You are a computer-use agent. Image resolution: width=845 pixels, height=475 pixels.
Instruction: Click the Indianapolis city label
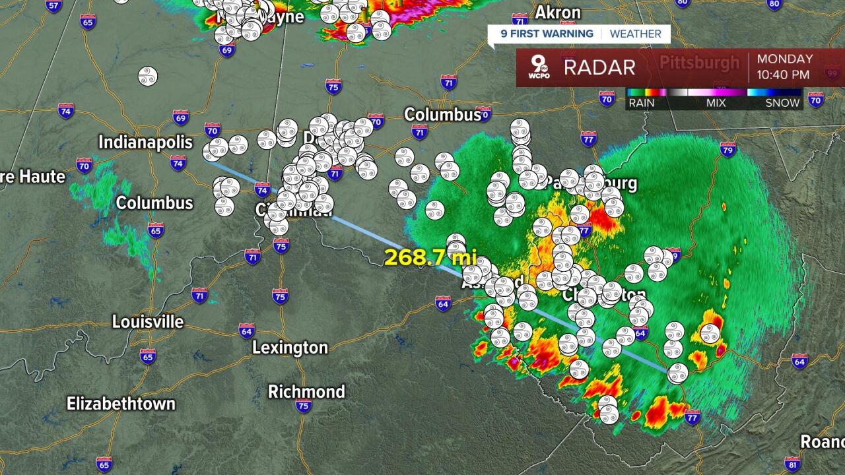tap(145, 142)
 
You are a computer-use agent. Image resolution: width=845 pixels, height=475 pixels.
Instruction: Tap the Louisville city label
tap(148, 322)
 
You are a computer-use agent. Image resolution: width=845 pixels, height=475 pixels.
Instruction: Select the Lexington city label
tap(290, 348)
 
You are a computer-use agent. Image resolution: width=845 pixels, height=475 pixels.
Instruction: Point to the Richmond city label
tap(306, 392)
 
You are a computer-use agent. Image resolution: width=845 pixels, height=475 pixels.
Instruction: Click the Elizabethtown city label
tap(121, 404)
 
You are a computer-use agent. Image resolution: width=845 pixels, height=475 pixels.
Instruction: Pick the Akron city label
tap(557, 13)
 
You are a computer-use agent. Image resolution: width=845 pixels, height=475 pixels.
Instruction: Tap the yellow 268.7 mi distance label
tap(429, 257)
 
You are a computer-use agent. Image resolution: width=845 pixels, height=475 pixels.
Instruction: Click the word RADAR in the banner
tap(599, 67)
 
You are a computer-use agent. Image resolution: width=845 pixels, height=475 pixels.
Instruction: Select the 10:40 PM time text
tap(784, 75)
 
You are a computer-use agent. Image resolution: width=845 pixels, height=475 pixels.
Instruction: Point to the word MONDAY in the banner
tap(784, 59)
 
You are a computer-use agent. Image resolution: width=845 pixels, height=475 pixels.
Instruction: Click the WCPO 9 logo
tap(538, 67)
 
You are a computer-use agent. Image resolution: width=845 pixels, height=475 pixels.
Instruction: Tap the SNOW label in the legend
tap(782, 103)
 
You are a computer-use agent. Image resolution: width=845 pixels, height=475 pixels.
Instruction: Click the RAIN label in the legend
tap(642, 103)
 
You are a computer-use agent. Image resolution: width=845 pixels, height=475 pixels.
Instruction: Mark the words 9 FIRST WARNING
tap(547, 34)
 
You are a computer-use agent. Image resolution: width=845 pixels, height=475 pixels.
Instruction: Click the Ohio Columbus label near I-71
tap(442, 115)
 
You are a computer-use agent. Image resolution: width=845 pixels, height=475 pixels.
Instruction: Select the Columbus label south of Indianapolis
tap(154, 203)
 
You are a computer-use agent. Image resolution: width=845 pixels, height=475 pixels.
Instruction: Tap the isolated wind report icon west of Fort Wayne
tap(148, 76)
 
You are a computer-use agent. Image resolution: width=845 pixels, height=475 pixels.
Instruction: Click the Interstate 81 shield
tap(793, 462)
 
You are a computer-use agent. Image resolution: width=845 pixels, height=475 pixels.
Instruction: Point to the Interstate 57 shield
tap(54, 5)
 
